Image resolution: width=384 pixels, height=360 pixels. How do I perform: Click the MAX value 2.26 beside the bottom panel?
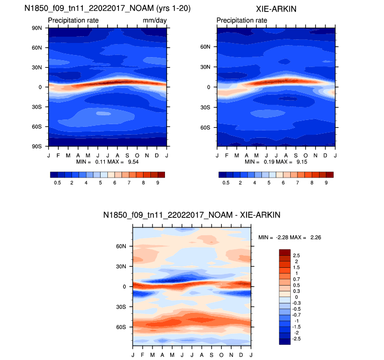315,237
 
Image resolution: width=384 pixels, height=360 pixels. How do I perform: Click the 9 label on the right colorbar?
326,182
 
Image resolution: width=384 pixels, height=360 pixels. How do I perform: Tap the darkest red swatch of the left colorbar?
161,174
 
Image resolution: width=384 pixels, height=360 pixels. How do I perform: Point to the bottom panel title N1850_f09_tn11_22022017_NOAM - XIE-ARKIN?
192,215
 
